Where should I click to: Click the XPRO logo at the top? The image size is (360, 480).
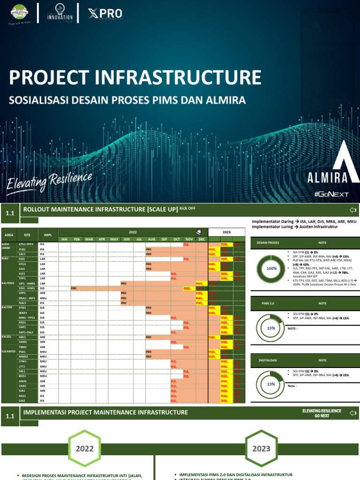[105, 14]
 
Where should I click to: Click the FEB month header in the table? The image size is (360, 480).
[77, 239]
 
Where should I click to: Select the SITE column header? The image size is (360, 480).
[27, 235]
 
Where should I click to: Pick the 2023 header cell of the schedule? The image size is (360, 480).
[226, 232]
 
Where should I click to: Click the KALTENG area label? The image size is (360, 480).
[8, 284]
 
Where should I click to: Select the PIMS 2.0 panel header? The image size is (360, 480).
[269, 303]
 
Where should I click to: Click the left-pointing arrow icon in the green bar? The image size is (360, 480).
[352, 210]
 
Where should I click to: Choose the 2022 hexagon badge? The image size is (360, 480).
[85, 449]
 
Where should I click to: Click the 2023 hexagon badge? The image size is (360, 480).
[262, 449]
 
